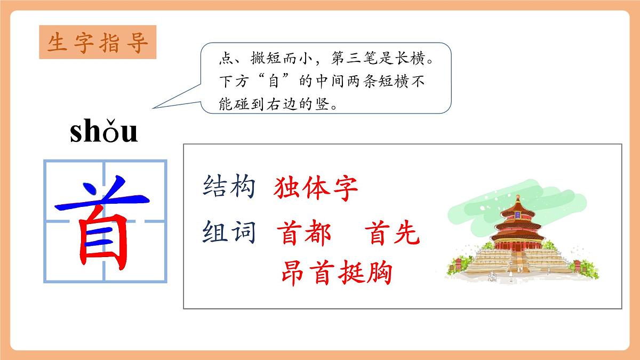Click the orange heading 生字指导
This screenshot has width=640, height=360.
(x=98, y=43)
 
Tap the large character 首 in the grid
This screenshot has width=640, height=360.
(x=105, y=221)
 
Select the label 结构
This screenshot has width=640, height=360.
(x=229, y=187)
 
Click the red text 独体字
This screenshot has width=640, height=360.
(x=316, y=188)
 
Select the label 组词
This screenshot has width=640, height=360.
(x=229, y=233)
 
